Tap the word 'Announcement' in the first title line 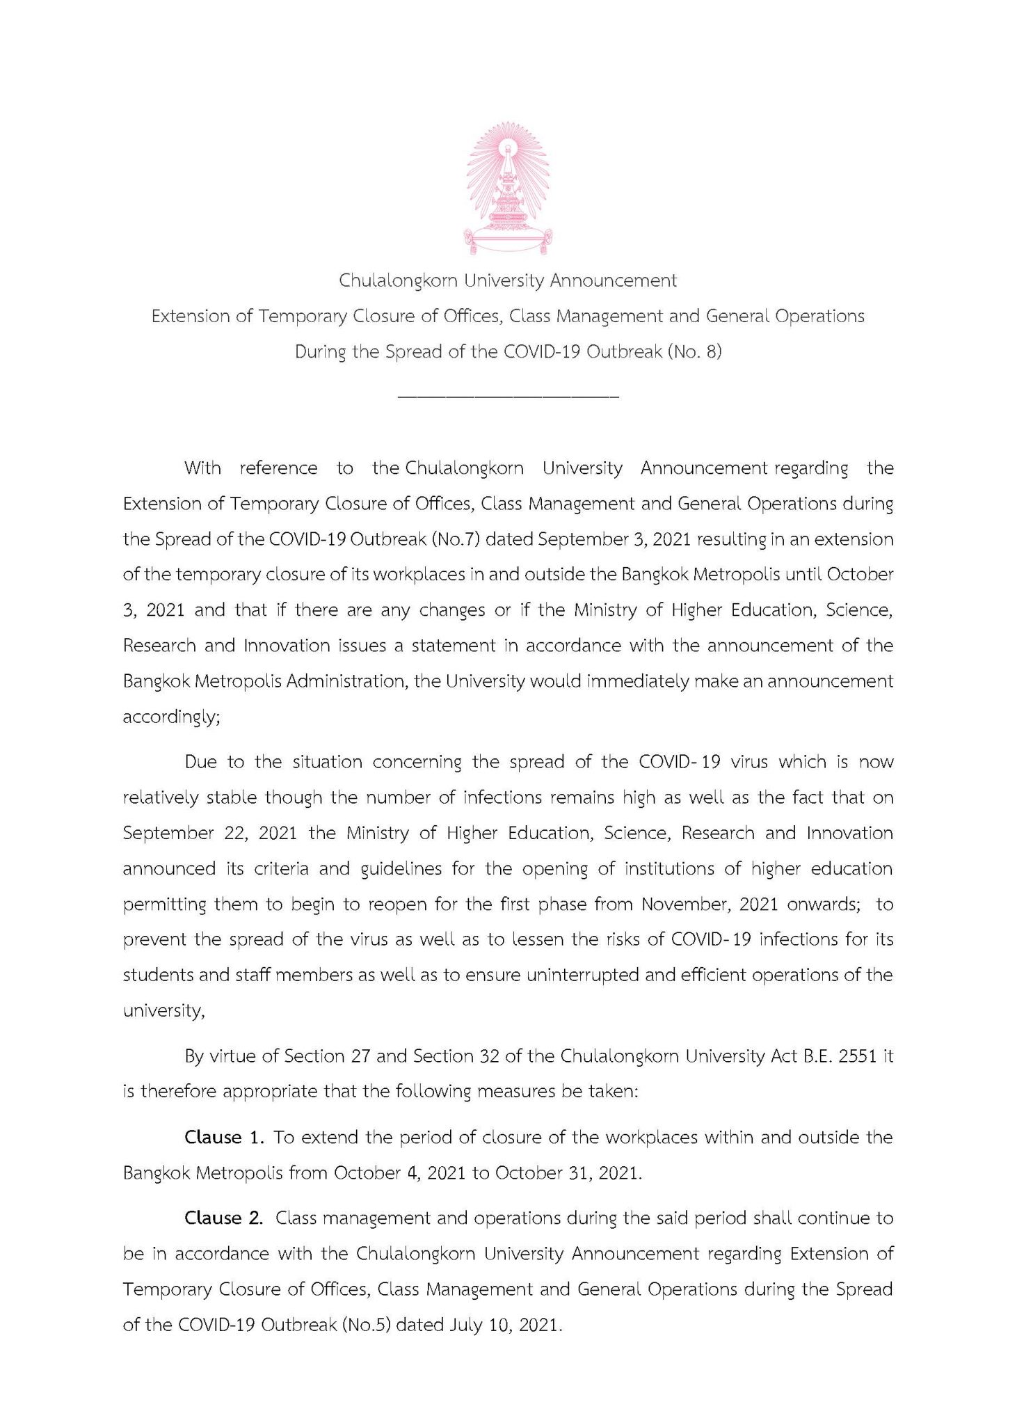click(x=613, y=280)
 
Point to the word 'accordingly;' click(x=171, y=717)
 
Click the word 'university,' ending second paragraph click(x=163, y=1010)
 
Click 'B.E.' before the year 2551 click(x=817, y=1056)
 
